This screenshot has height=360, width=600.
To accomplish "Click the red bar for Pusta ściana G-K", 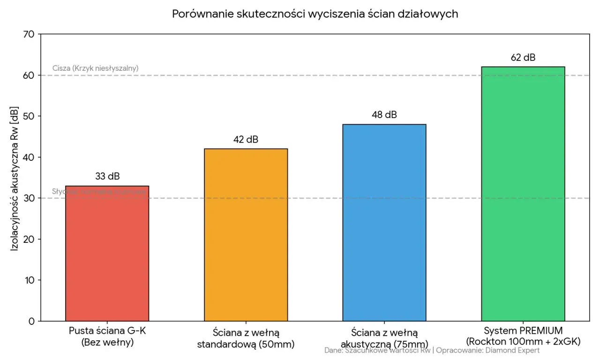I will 107,253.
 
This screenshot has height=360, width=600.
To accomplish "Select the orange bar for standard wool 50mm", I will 246,234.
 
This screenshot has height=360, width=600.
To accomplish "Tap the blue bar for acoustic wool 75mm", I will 384,223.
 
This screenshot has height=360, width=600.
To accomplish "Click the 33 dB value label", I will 107,177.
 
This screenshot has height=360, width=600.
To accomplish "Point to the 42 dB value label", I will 246,140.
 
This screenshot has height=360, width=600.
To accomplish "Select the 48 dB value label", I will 384,115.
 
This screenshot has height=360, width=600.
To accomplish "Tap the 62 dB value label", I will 523,58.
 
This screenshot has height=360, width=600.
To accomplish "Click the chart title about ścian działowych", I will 315,14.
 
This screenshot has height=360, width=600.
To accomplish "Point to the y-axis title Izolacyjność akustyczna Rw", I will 15,177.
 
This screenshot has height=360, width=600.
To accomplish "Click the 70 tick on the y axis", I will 29,34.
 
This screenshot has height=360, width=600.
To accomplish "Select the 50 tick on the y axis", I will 29,116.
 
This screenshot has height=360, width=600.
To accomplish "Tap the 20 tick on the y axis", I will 29,239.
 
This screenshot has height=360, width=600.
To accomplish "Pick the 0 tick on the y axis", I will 31,321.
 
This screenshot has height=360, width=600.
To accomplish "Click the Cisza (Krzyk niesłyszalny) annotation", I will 95,68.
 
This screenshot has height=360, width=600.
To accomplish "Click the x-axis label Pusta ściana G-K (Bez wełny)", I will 107,337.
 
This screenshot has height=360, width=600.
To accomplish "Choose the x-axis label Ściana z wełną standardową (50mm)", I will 246,338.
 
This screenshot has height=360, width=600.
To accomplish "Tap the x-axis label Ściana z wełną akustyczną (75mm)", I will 384,338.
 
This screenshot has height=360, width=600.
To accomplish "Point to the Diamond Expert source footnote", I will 432,350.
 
